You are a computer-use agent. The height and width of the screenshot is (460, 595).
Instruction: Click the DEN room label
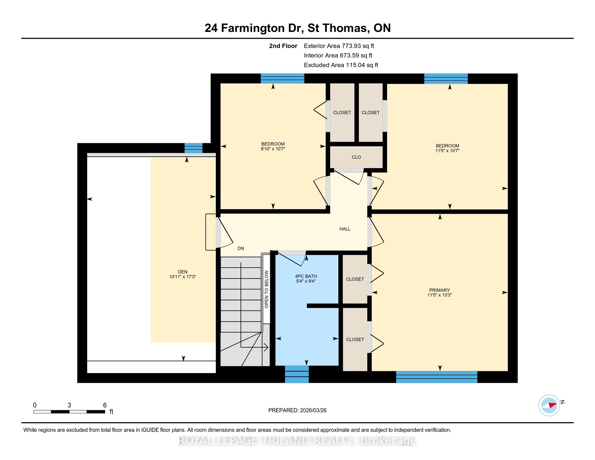pyautogui.click(x=183, y=272)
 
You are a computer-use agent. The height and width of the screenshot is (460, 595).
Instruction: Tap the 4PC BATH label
pyautogui.click(x=306, y=276)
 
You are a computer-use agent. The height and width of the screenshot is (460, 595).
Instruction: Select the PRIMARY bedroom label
pyautogui.click(x=439, y=290)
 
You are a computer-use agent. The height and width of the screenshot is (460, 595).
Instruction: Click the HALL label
pyautogui.click(x=345, y=229)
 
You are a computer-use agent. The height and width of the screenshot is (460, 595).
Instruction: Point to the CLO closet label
pyautogui.click(x=356, y=157)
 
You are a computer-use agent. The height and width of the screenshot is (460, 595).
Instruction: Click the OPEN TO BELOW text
pyautogui.click(x=266, y=290)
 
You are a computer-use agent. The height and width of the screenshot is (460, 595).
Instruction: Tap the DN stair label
pyautogui.click(x=240, y=248)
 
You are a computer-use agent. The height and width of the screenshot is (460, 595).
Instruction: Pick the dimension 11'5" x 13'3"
pyautogui.click(x=439, y=295)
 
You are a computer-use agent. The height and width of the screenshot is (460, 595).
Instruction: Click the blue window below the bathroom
pyautogui.click(x=297, y=374)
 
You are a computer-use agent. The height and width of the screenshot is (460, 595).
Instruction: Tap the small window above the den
pyautogui.click(x=193, y=148)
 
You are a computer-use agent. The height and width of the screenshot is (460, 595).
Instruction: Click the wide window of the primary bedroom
pyautogui.click(x=437, y=377)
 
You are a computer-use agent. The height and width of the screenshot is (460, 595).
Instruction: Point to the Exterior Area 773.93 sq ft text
pyautogui.click(x=339, y=46)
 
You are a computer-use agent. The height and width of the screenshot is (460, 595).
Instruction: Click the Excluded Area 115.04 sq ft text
pyautogui.click(x=341, y=65)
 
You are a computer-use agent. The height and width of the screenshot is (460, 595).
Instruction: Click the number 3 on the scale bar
pyautogui.click(x=69, y=405)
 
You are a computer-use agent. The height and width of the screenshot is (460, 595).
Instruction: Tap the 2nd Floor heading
pyautogui.click(x=283, y=46)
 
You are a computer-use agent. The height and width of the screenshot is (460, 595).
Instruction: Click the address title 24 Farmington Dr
pyautogui.click(x=254, y=28)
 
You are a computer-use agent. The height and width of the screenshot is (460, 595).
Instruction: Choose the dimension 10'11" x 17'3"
pyautogui.click(x=183, y=277)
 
